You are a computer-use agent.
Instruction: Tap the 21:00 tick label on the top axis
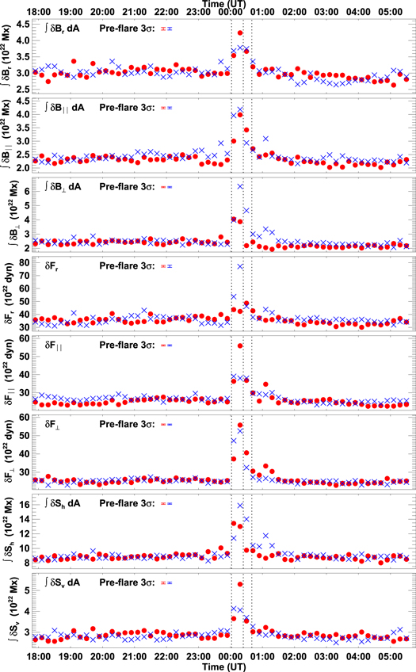click(x=134, y=13)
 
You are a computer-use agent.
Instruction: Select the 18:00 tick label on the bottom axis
click(x=37, y=657)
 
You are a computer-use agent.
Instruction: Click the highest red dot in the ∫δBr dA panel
click(x=240, y=33)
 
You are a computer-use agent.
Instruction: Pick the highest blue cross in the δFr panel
click(x=240, y=266)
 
